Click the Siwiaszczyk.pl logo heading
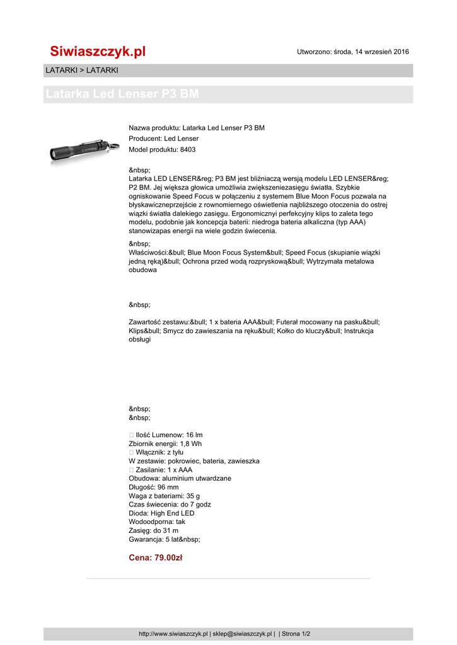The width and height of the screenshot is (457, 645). [98, 52]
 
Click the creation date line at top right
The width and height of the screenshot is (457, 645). [353, 52]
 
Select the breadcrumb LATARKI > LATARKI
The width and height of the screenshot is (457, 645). [82, 70]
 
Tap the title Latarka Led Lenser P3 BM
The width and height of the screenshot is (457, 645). [122, 94]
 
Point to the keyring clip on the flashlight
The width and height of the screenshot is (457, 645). [113, 146]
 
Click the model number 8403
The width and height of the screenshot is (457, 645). [188, 149]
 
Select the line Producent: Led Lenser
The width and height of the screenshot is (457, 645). [163, 139]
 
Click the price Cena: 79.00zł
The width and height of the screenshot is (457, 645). [155, 557]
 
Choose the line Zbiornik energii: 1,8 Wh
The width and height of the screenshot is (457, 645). [165, 443]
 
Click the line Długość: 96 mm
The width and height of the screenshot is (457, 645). [153, 487]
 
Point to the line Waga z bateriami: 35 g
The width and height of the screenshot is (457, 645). [164, 496]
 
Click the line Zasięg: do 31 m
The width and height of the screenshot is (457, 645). [153, 530]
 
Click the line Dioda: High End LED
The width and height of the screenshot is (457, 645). [161, 513]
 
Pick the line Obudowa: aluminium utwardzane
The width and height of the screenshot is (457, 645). [180, 478]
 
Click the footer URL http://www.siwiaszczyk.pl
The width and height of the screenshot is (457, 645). [173, 634]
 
